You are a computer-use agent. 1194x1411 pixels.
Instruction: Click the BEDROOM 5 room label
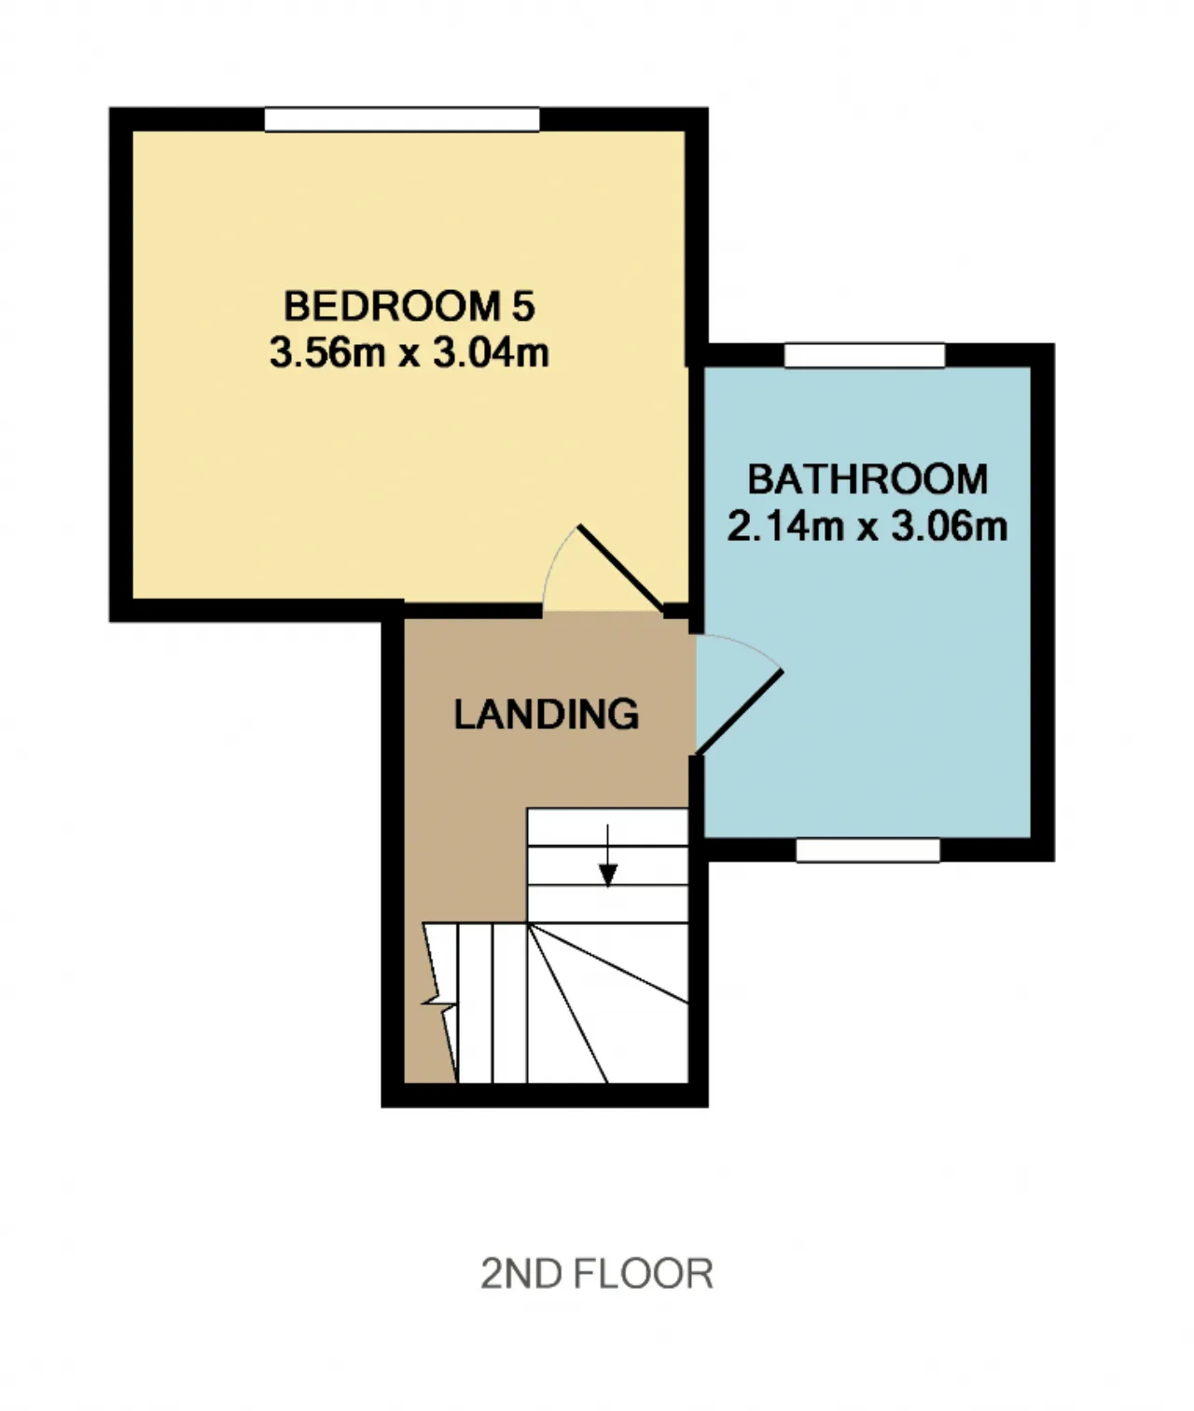click(409, 306)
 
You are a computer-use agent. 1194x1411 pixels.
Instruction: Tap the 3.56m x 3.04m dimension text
click(409, 353)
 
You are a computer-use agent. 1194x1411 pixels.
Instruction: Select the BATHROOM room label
click(868, 479)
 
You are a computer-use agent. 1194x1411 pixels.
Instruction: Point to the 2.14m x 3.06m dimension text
click(867, 526)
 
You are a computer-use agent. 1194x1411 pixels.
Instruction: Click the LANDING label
click(547, 714)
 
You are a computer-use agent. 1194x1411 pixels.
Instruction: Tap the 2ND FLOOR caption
click(597, 1274)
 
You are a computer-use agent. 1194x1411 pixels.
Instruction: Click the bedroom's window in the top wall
click(402, 118)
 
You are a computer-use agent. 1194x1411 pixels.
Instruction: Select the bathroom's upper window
click(865, 355)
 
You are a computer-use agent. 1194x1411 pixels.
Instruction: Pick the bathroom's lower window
click(868, 850)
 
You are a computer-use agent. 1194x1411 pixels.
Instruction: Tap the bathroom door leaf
click(740, 712)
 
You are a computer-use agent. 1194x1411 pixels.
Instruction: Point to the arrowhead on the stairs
click(607, 875)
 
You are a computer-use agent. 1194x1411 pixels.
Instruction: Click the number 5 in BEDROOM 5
click(523, 306)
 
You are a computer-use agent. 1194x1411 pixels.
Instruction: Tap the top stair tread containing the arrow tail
click(607, 827)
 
